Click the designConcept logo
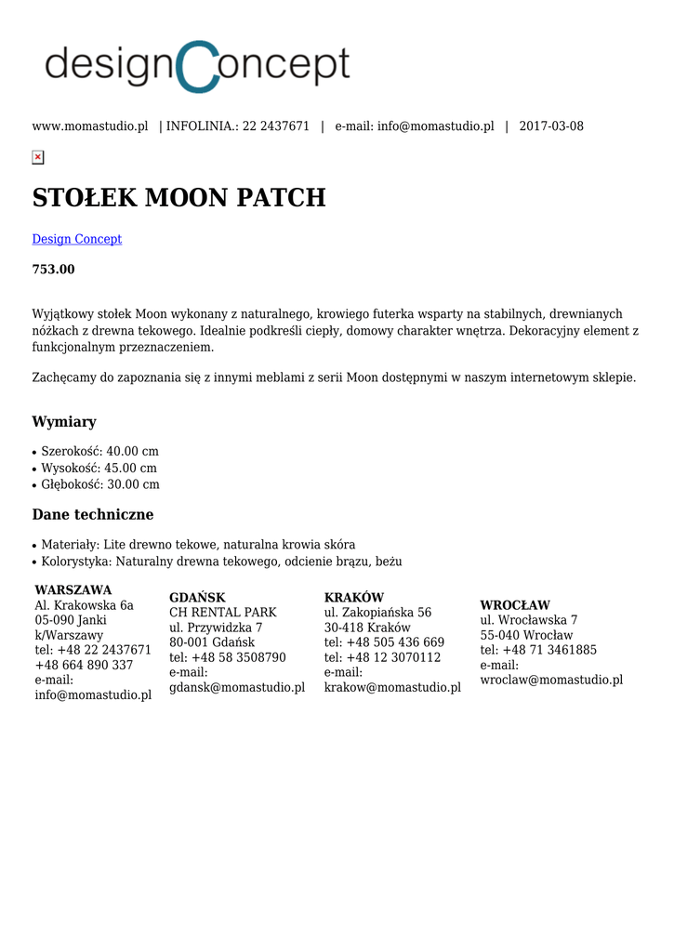[197, 66]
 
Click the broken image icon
[37, 157]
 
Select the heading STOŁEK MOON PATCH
[178, 198]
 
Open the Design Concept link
[77, 239]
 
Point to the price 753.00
[54, 270]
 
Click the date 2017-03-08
[551, 126]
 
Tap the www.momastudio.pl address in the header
[90, 126]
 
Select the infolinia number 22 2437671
[276, 126]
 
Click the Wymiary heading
[64, 422]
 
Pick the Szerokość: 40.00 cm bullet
[99, 451]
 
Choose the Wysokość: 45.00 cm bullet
[99, 468]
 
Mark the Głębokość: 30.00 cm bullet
[99, 484]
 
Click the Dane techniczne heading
[93, 515]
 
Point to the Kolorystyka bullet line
[221, 562]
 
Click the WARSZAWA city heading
[73, 590]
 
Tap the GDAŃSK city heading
[197, 598]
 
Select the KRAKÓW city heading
[354, 598]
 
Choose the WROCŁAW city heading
[515, 605]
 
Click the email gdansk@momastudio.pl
[237, 688]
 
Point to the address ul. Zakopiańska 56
[377, 613]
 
